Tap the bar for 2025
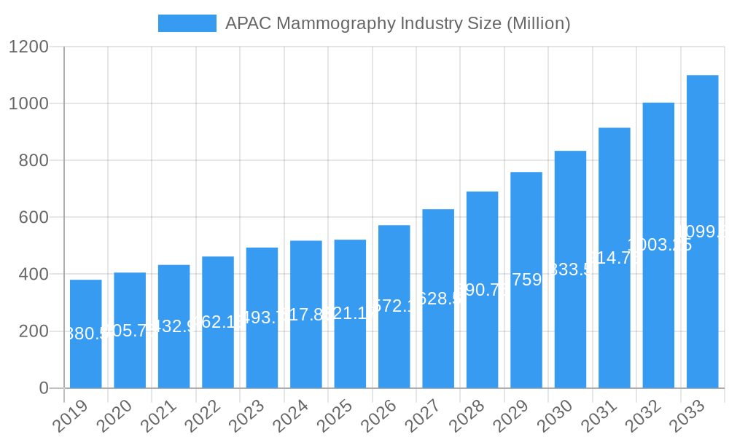350,314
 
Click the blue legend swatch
187,23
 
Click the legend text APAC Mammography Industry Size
397,23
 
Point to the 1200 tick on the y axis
28,47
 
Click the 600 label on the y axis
33,218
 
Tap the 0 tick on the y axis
44,388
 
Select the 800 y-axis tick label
33,161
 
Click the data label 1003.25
659,245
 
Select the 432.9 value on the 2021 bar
174,326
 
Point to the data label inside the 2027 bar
438,299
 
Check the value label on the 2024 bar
306,315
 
